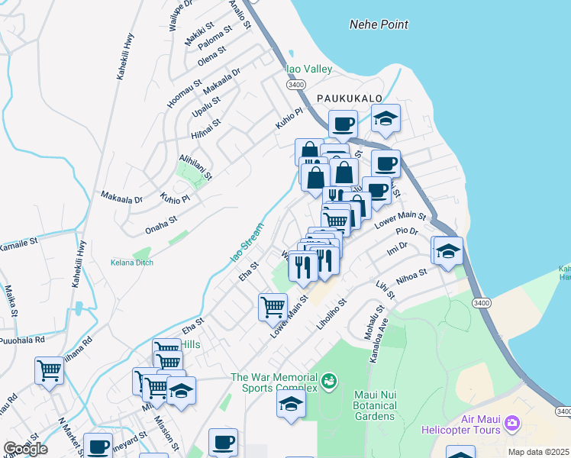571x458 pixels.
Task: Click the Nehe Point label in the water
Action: (379, 24)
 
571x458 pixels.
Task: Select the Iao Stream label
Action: (247, 243)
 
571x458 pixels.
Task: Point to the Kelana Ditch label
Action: (132, 263)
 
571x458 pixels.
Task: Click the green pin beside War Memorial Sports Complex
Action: (329, 379)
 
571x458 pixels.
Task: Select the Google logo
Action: (25, 449)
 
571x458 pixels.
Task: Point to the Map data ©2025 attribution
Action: (538, 452)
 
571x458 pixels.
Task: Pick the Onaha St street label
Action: (161, 223)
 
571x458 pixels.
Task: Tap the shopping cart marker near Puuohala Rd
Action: (49, 371)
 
